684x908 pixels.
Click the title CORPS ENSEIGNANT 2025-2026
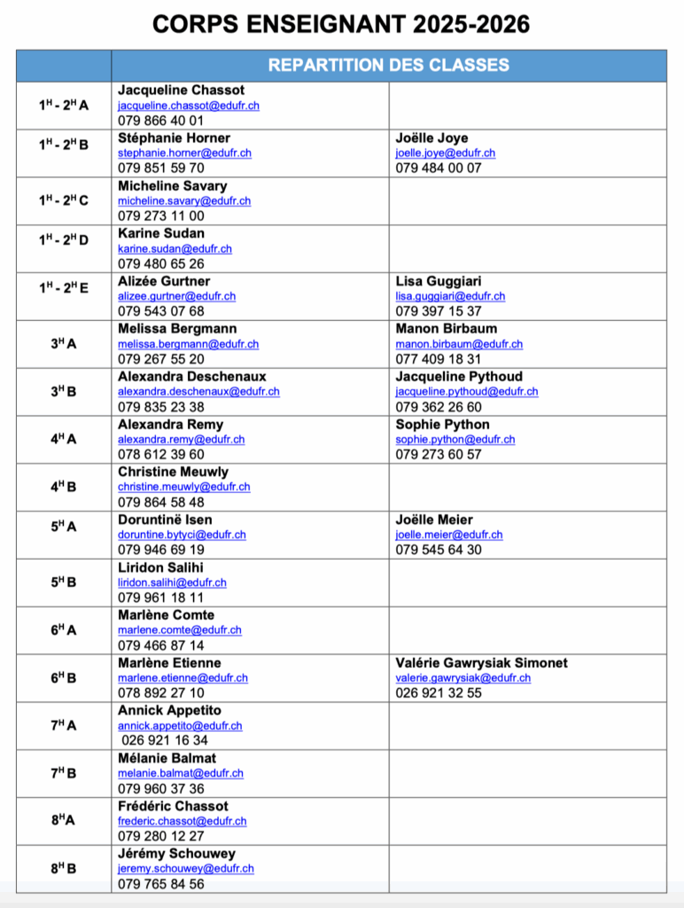tap(341, 24)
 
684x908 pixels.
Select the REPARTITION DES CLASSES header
tap(388, 65)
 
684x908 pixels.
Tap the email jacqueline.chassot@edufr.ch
tap(188, 106)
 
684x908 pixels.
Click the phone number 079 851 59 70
tap(160, 168)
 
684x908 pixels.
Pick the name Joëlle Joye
tap(431, 138)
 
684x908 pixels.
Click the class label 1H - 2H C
tap(64, 200)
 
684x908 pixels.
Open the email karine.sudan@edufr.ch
tap(175, 249)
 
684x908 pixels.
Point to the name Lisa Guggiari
tap(439, 282)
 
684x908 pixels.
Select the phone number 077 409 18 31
tap(439, 359)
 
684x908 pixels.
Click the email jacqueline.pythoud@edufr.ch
tap(466, 392)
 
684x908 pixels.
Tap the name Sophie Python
tap(442, 425)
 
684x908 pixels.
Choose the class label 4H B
tap(64, 487)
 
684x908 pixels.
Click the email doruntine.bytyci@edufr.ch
tap(182, 535)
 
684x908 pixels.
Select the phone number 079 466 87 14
tap(160, 646)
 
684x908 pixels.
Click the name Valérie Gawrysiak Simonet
tap(481, 663)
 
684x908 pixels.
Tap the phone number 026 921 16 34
tap(165, 740)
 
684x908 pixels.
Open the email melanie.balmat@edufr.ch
tap(180, 773)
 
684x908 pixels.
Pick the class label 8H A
tap(64, 820)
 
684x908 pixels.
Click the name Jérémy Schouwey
tap(176, 854)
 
